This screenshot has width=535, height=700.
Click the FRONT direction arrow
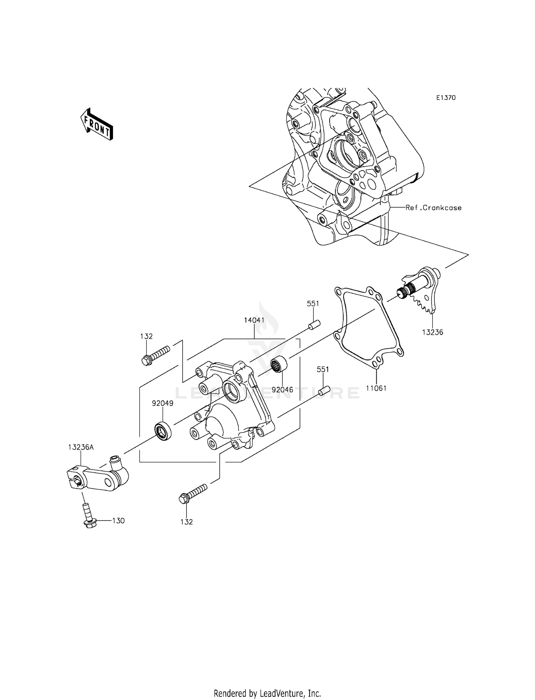[96, 124]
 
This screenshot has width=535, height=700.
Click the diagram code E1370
[446, 98]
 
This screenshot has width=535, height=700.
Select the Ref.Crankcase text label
[433, 208]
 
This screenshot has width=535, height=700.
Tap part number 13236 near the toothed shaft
[432, 332]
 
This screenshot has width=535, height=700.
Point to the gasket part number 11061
[376, 388]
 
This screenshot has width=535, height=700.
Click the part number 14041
[254, 320]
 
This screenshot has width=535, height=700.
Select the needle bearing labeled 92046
[280, 364]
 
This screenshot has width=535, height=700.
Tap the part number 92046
[282, 390]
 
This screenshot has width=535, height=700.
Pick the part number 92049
[162, 404]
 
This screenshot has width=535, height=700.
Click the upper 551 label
[313, 304]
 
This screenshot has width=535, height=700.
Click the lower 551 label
[322, 370]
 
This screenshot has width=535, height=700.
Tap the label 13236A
[81, 447]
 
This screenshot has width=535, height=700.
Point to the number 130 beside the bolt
[118, 521]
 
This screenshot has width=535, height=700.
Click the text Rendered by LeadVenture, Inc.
[267, 693]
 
